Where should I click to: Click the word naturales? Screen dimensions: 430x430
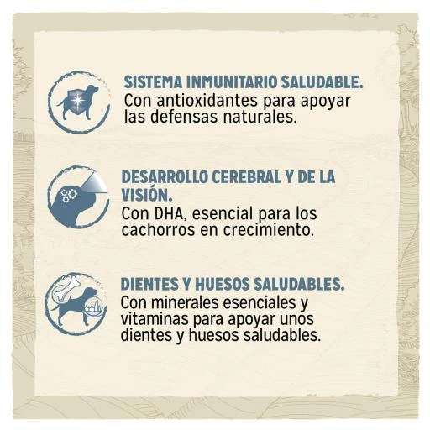[x=260, y=117]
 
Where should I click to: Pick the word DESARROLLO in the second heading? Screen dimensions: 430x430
[x=165, y=177]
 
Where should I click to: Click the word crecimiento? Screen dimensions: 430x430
[x=268, y=230]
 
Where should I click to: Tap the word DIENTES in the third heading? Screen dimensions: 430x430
[x=149, y=284]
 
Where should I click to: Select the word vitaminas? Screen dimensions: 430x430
[x=155, y=319]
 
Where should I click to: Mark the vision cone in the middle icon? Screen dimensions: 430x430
[x=95, y=185]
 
